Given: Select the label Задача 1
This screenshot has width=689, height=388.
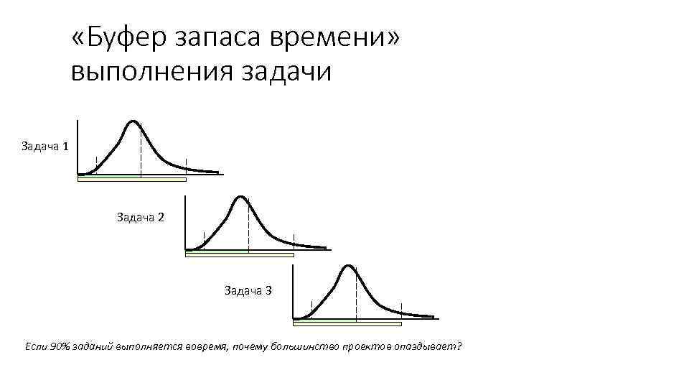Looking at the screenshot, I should tap(45, 147).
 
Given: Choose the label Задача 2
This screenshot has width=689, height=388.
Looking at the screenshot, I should tap(140, 216).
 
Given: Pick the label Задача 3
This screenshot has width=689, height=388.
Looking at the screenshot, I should tap(247, 290).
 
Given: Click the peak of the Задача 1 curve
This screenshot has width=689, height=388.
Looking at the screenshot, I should tap(133, 121).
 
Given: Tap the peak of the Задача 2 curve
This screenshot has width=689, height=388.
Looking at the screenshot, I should tap(241, 197).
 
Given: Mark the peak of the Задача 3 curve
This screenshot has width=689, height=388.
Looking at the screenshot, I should tap(348, 267).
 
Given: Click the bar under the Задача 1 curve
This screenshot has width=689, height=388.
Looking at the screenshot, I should tap(131, 179).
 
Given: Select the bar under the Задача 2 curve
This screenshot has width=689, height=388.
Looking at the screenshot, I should tap(239, 254).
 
